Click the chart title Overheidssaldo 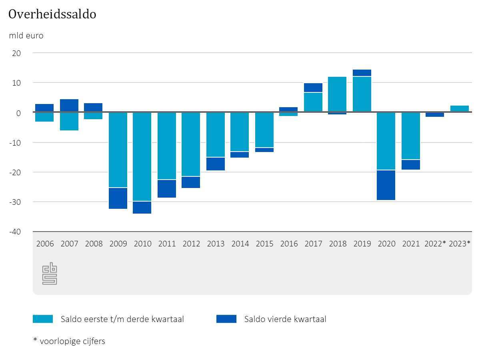52,14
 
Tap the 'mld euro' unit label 26,36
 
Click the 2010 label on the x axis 142,244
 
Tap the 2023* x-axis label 460,244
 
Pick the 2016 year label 289,244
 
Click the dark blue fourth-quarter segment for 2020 386,185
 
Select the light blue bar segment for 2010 142,156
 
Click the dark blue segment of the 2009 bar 118,198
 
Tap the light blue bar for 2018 337,94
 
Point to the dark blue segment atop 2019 362,72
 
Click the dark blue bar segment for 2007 69,106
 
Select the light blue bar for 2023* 460,109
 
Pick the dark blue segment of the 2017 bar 313,88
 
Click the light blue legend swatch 43,319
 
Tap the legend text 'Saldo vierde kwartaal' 285,319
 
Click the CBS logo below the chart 50,274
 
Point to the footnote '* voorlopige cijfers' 69,341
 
